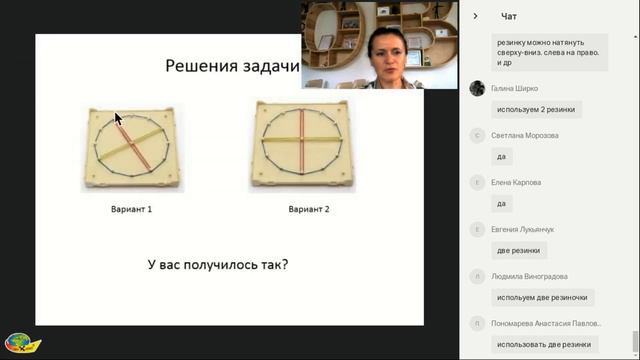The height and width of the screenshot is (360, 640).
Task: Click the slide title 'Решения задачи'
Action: pyautogui.click(x=232, y=66)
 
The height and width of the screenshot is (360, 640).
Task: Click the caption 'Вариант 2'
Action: pyautogui.click(x=308, y=210)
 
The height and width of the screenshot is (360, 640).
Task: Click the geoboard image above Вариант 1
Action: pyautogui.click(x=132, y=148)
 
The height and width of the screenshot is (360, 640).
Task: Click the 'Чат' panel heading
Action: pyautogui.click(x=509, y=16)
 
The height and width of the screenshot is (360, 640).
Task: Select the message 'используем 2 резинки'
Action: pyautogui.click(x=536, y=109)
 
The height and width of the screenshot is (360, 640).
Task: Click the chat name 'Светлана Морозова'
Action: pyautogui.click(x=524, y=135)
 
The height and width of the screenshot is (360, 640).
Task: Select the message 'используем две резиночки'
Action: pyautogui.click(x=543, y=297)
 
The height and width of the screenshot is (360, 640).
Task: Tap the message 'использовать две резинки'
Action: pyautogui.click(x=542, y=344)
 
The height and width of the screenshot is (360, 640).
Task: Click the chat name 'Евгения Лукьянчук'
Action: pyautogui.click(x=523, y=229)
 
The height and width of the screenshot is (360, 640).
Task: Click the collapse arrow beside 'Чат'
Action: pyautogui.click(x=475, y=16)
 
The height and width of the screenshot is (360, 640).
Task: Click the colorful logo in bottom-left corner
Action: pyautogui.click(x=21, y=343)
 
